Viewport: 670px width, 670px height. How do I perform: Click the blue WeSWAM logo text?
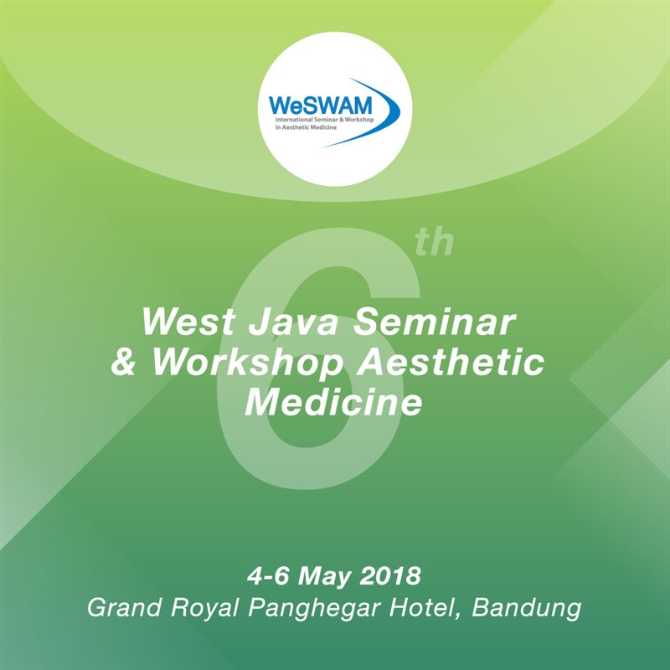[x=321, y=106]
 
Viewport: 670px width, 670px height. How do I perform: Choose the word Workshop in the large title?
[x=248, y=363]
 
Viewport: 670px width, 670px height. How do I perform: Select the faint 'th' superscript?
[x=434, y=242]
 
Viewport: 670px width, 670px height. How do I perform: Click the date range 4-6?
[x=268, y=575]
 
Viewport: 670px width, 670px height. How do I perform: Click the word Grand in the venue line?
[x=124, y=607]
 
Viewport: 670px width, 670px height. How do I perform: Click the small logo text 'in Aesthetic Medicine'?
[x=306, y=127]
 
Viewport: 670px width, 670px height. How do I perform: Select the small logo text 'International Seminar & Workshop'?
[x=324, y=120]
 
